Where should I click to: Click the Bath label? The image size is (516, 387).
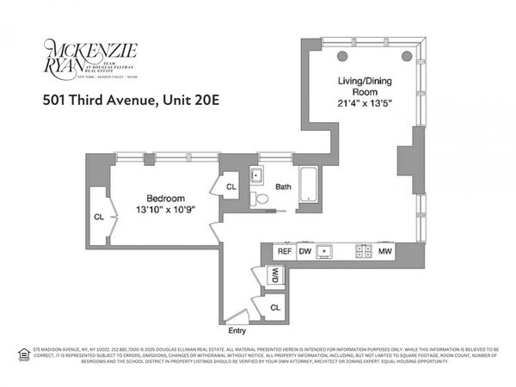pyautogui.click(x=283, y=187)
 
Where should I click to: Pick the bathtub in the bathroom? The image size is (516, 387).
pyautogui.click(x=308, y=187)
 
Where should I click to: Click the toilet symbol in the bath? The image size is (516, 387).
pyautogui.click(x=262, y=199)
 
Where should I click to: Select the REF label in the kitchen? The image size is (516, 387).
pyautogui.click(x=283, y=252)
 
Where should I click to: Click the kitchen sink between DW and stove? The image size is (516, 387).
pyautogui.click(x=325, y=252)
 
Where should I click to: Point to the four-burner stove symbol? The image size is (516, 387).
pyautogui.click(x=364, y=252)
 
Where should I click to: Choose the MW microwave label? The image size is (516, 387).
pyautogui.click(x=388, y=252)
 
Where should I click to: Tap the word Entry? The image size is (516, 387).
pyautogui.click(x=236, y=330)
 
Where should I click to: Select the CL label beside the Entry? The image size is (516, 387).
pyautogui.click(x=275, y=306)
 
